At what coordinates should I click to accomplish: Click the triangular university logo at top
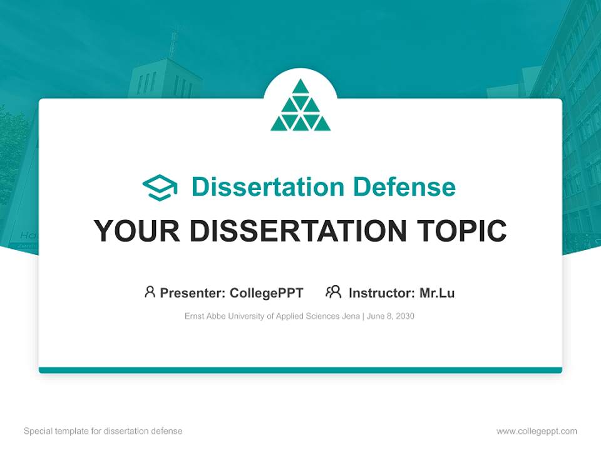300,106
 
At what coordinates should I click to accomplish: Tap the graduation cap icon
160,187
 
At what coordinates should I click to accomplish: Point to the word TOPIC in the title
464,231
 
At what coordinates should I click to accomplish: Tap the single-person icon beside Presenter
150,292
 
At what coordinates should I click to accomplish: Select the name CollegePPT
266,292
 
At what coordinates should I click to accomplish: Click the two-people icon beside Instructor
333,292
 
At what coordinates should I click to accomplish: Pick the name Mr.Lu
437,292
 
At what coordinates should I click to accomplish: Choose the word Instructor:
381,292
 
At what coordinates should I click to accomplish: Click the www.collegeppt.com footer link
537,431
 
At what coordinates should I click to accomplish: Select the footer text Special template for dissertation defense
103,431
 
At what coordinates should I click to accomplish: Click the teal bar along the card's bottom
300,370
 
